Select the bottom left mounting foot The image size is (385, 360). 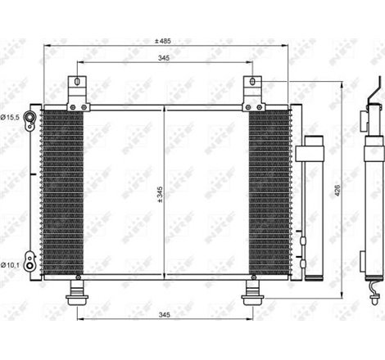(79, 290)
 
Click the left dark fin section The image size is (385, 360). (61, 192)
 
